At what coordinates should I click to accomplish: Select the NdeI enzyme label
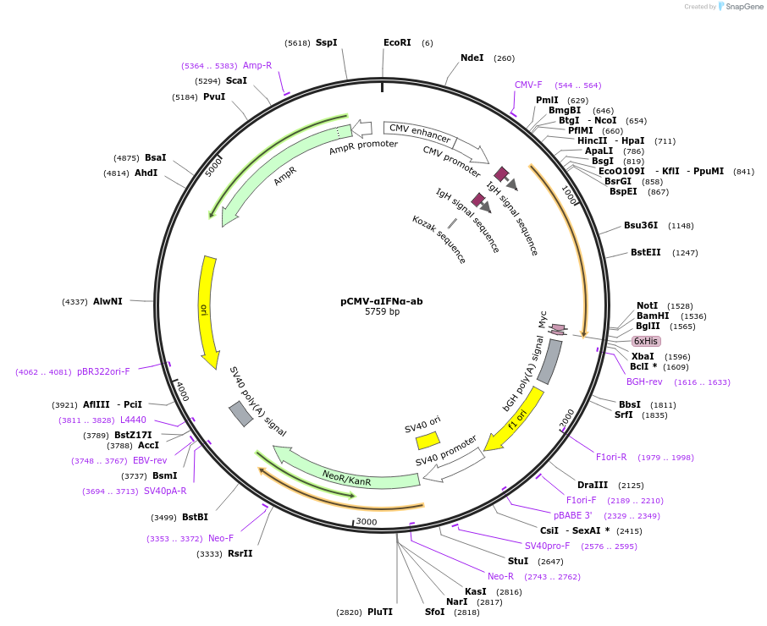(x=472, y=58)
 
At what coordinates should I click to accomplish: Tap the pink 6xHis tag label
(x=645, y=341)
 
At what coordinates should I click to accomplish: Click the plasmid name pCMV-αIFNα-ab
(x=382, y=300)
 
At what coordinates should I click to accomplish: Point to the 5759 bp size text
(x=382, y=311)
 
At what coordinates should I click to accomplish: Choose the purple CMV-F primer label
(x=528, y=85)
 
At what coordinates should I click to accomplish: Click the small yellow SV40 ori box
(x=428, y=440)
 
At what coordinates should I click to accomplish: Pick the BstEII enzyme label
(x=645, y=252)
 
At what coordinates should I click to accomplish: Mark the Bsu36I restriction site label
(x=641, y=225)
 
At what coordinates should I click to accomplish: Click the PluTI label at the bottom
(x=380, y=612)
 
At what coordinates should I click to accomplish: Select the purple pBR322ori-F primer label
(x=103, y=371)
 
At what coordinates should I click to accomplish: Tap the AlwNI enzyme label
(x=108, y=301)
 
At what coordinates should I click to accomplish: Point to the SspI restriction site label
(x=326, y=42)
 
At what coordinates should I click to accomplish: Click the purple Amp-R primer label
(x=257, y=65)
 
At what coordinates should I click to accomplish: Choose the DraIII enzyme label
(x=592, y=485)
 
